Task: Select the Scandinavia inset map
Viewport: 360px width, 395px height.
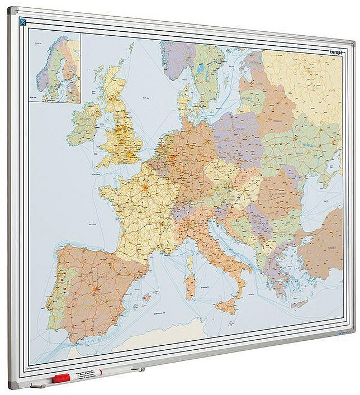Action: [58, 68]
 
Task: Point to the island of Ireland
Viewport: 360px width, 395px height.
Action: [83, 124]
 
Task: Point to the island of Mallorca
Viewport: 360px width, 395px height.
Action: [146, 297]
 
